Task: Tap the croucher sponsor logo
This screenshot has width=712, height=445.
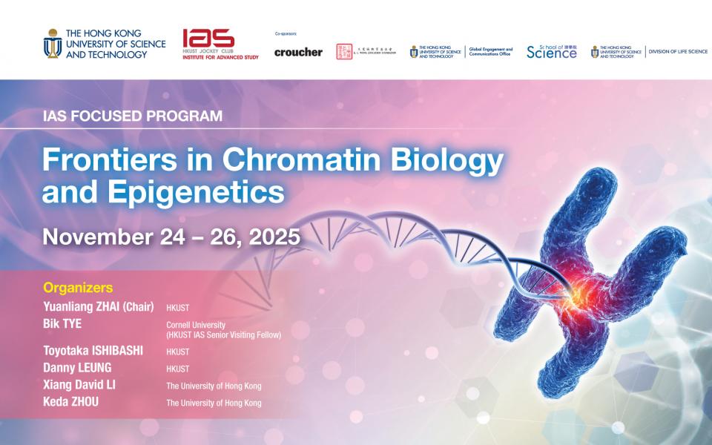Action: point(298,53)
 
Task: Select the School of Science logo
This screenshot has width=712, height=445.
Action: point(551,51)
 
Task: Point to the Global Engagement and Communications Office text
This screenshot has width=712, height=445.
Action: point(491,52)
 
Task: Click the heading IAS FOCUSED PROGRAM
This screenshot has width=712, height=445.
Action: point(132,116)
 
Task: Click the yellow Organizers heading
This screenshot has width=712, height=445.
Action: point(78,287)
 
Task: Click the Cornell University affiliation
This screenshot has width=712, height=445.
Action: point(196,325)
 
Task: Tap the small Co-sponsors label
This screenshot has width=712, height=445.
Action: point(285,34)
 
